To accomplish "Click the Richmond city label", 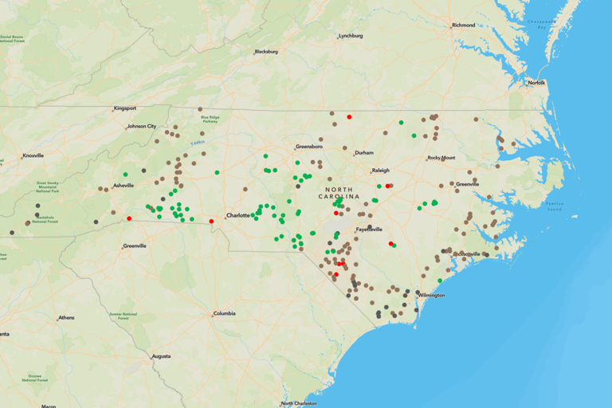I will click(x=464, y=25).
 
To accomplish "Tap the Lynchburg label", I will click(x=351, y=36).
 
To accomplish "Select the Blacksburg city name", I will click(x=266, y=52).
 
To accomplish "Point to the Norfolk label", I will click(x=537, y=83).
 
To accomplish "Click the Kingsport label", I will click(x=125, y=108).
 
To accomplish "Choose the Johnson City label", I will click(x=142, y=126).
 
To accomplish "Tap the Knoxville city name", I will click(x=33, y=155).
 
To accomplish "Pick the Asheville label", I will click(x=124, y=186).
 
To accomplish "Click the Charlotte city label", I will click(x=238, y=215).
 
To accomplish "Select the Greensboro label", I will click(x=309, y=147).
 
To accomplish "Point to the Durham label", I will click(x=364, y=152).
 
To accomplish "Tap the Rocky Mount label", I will click(x=441, y=158).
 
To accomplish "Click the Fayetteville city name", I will click(x=369, y=229).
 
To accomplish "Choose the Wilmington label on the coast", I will click(x=432, y=295).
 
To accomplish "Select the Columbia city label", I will click(x=224, y=313).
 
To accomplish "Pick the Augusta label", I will click(x=161, y=356).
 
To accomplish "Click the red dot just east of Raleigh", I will click(x=388, y=186).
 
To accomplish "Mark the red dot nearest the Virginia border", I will click(x=349, y=117).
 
